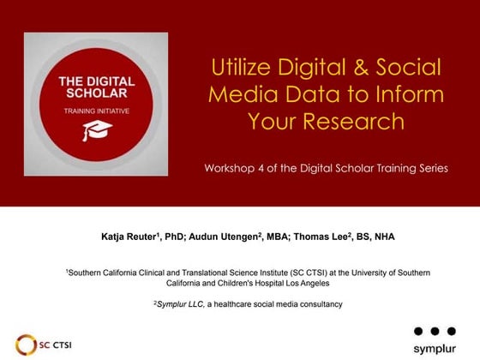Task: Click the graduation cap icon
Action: point(92,129)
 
